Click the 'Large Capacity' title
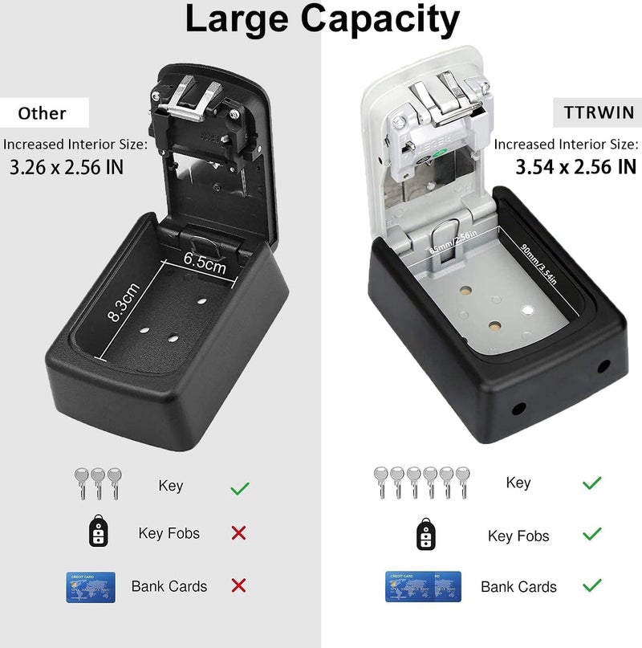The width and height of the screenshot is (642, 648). coord(322,19)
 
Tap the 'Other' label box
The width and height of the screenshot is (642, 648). coord(42,112)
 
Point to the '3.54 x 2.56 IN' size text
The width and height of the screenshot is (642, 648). coord(575,167)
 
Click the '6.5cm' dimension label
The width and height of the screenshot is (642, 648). coord(205,261)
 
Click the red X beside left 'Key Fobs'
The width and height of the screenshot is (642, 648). coord(238,533)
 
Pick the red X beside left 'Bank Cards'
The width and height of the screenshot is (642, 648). coord(238,585)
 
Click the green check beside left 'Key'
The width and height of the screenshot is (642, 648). coord(239,487)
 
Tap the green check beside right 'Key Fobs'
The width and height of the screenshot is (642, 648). coord(591,534)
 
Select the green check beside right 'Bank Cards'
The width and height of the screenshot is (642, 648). coord(591,585)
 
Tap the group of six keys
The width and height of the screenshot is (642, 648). coord(421,483)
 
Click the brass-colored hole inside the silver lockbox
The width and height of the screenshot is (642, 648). coord(496,327)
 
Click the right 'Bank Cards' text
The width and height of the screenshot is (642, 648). coord(518,587)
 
